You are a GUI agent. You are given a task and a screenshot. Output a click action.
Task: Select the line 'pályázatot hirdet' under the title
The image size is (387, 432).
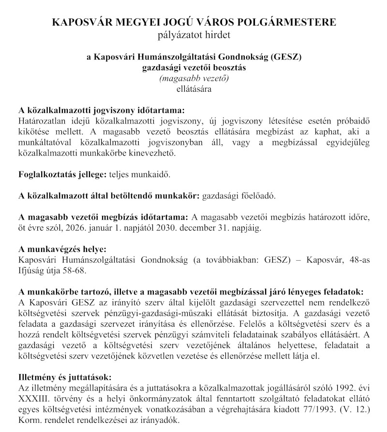[x=193, y=35]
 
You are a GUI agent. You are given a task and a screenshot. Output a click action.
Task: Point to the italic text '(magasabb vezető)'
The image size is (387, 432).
[x=193, y=78]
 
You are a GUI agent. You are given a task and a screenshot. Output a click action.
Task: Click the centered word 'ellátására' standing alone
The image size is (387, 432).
[x=193, y=88]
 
